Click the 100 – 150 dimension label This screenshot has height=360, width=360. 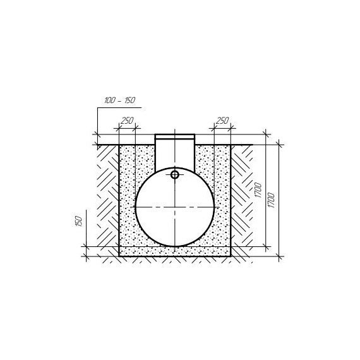point(119,100)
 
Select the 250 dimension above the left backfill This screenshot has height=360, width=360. point(127,121)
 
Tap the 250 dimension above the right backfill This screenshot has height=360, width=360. point(222,121)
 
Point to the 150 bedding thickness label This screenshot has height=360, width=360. point(79,221)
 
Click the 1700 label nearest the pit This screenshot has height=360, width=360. point(258,190)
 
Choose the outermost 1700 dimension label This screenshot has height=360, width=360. point(271,200)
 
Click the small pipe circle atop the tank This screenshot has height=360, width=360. point(175,175)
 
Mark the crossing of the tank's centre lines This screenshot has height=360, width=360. point(175,207)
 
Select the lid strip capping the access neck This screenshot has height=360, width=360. point(175,137)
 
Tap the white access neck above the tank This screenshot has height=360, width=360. point(175,153)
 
